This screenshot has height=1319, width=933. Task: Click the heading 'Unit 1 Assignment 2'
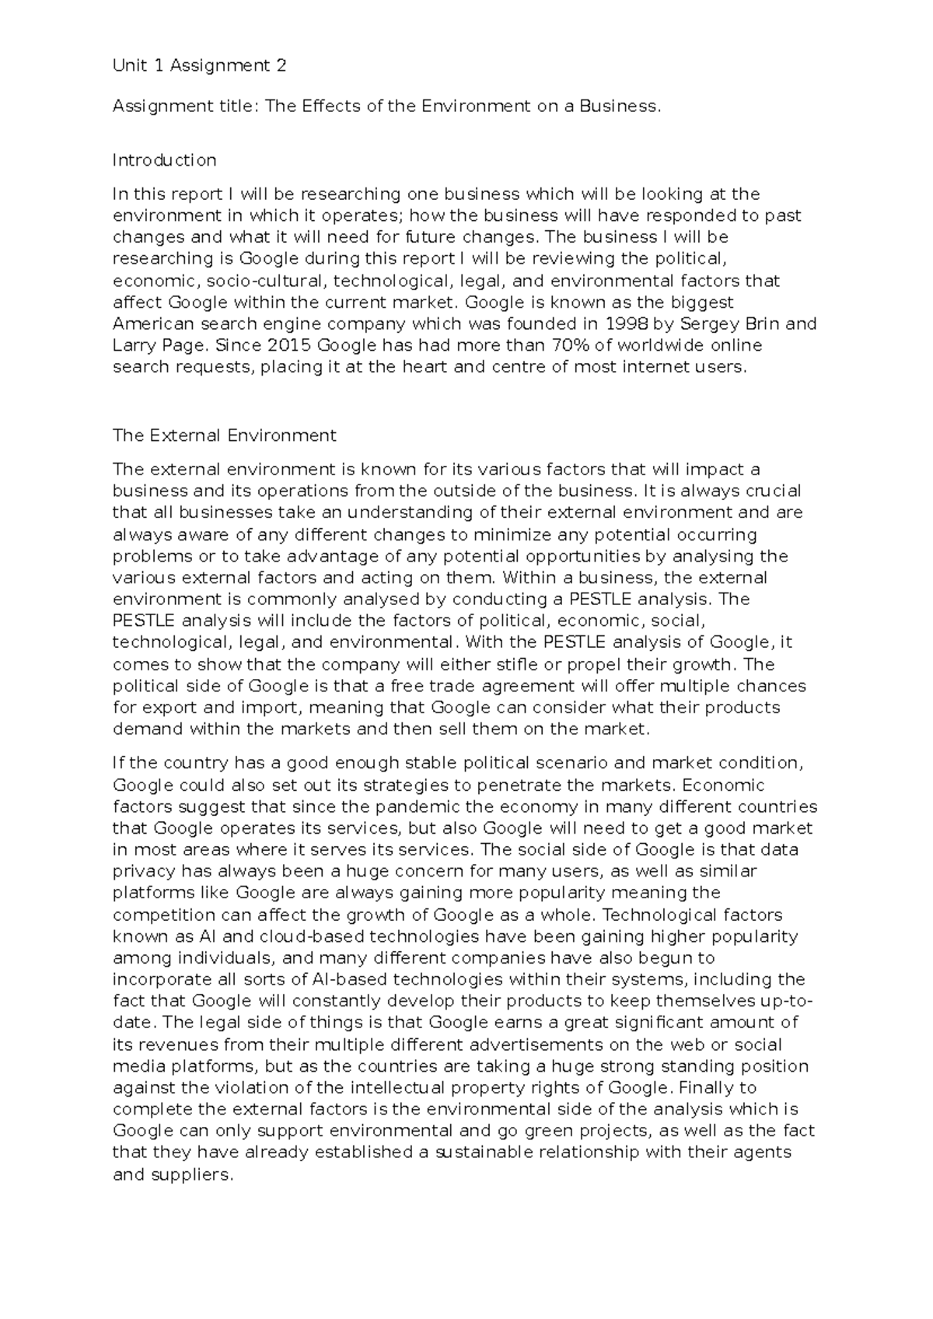click(x=199, y=66)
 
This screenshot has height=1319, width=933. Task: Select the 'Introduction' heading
click(x=164, y=160)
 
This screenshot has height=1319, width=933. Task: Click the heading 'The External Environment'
click(x=224, y=436)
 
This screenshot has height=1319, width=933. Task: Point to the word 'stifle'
click(x=558, y=665)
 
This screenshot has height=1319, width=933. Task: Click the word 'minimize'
click(x=508, y=535)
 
